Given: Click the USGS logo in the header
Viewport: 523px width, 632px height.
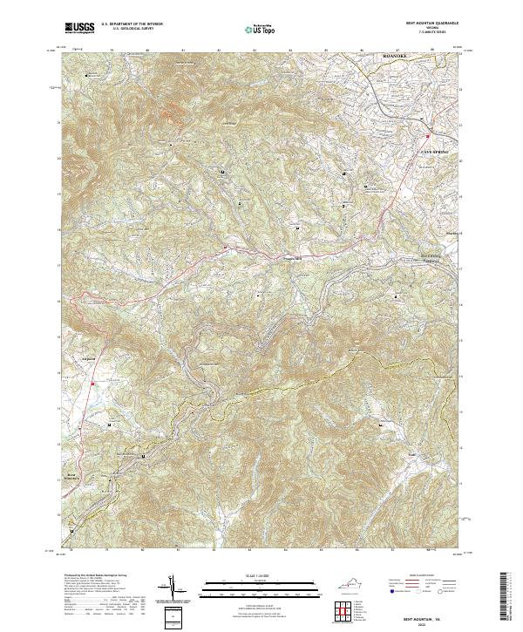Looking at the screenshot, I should [80, 28].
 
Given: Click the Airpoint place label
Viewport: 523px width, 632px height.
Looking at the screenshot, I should [87, 357].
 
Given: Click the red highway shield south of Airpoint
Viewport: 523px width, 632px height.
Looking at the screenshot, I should [92, 384].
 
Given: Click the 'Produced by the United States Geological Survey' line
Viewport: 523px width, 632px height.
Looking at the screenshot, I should [96, 576].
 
